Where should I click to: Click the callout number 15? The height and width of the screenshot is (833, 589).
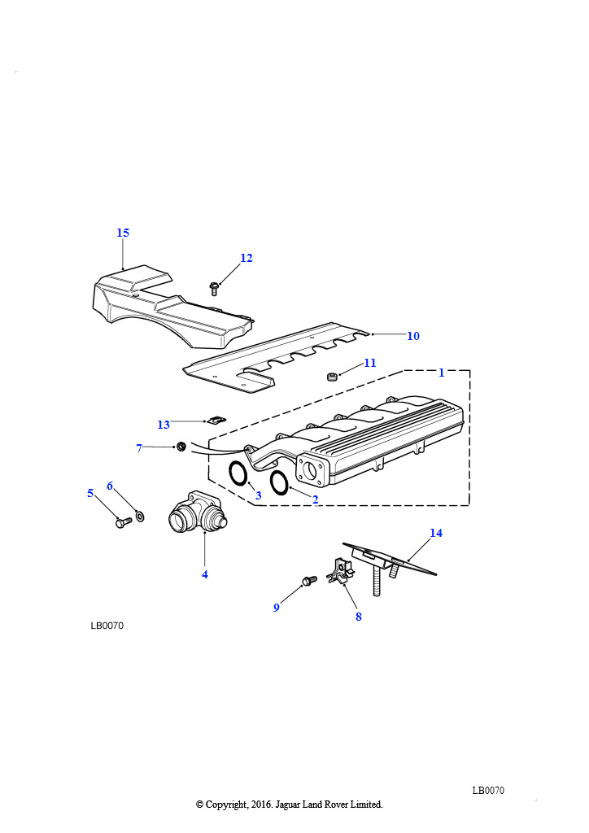pyautogui.click(x=123, y=233)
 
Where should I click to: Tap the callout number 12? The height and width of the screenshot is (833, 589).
pyautogui.click(x=247, y=258)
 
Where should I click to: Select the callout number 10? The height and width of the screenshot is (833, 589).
pyautogui.click(x=413, y=336)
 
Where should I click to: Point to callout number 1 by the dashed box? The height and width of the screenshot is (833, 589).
pyautogui.click(x=442, y=373)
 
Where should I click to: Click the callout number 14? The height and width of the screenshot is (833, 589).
pyautogui.click(x=436, y=533)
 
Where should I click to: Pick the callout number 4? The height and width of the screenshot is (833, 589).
pyautogui.click(x=205, y=574)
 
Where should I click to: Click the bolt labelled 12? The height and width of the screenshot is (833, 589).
pyautogui.click(x=215, y=289)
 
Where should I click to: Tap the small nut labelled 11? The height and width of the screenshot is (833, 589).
pyautogui.click(x=332, y=377)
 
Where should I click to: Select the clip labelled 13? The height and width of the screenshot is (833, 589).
pyautogui.click(x=216, y=420)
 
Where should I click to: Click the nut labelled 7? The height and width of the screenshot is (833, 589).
pyautogui.click(x=181, y=447)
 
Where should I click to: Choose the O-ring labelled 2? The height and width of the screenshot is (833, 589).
pyautogui.click(x=279, y=482)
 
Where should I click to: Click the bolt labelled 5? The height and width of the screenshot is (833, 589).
pyautogui.click(x=123, y=523)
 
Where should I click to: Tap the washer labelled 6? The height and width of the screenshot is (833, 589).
pyautogui.click(x=140, y=515)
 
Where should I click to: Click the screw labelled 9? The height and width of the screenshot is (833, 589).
pyautogui.click(x=308, y=580)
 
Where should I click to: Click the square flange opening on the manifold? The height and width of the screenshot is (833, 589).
pyautogui.click(x=312, y=470)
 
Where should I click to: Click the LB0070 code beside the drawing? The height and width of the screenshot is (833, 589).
pyautogui.click(x=107, y=626)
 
